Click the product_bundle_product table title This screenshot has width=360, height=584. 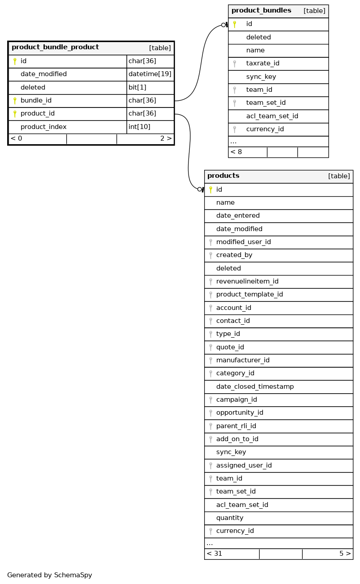(x=55, y=47)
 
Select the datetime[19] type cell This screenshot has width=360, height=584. (x=150, y=74)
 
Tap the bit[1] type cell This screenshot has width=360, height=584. (x=137, y=87)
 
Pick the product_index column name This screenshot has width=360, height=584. (x=43, y=127)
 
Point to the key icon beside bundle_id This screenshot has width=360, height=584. (x=15, y=101)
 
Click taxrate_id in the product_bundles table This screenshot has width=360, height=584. (x=262, y=64)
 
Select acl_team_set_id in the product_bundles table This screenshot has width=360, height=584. (x=272, y=116)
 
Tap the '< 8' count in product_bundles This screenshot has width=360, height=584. (x=236, y=152)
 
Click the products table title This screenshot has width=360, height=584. (x=223, y=176)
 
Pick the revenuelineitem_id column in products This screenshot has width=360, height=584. (x=247, y=281)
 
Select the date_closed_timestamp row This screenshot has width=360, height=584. (x=255, y=386)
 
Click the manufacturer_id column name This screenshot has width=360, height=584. (x=243, y=360)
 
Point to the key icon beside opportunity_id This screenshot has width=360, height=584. (x=210, y=413)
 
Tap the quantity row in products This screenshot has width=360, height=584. (x=230, y=518)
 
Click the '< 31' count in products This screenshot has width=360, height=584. (x=214, y=554)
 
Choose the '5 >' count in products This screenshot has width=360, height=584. (x=345, y=554)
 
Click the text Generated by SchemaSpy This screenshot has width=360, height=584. (x=50, y=575)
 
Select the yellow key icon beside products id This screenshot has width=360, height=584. (x=210, y=190)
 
